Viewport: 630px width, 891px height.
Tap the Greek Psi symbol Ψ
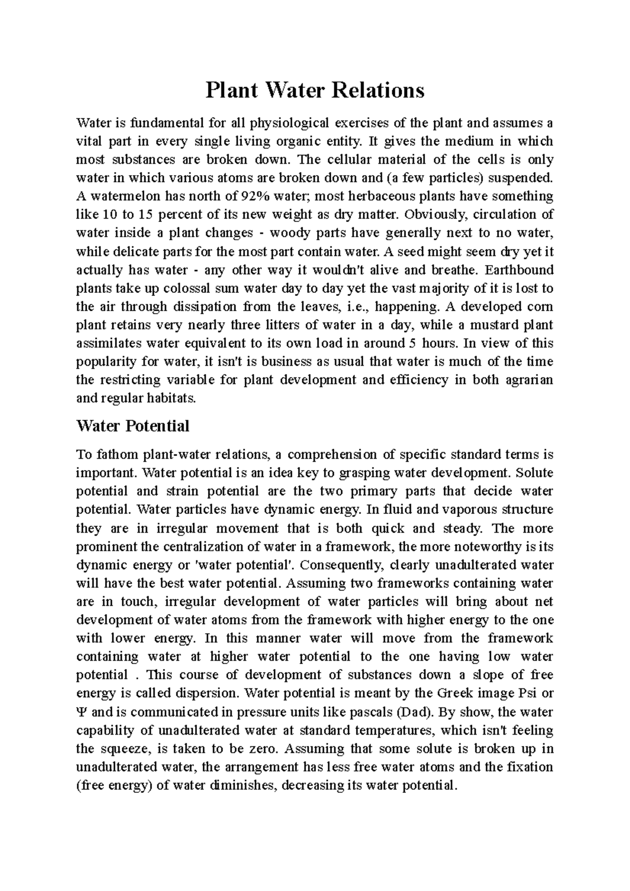coord(80,712)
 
